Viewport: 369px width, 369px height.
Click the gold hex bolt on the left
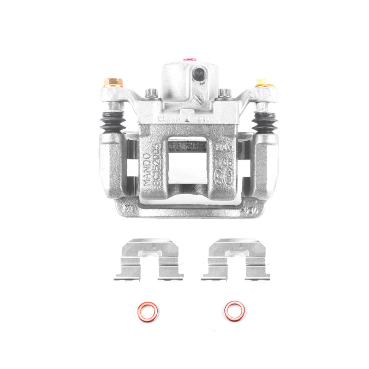(x=113, y=83)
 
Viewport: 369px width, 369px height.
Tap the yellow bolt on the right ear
(x=262, y=83)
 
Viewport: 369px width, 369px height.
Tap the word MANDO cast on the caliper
(x=147, y=170)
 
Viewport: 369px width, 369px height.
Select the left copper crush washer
(x=148, y=311)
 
